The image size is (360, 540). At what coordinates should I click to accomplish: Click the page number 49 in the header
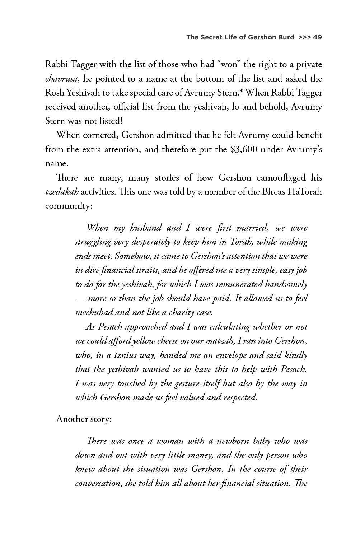click(317, 37)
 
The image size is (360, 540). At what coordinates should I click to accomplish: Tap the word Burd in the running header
click(286, 37)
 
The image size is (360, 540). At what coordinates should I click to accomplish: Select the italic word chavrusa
click(61, 79)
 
